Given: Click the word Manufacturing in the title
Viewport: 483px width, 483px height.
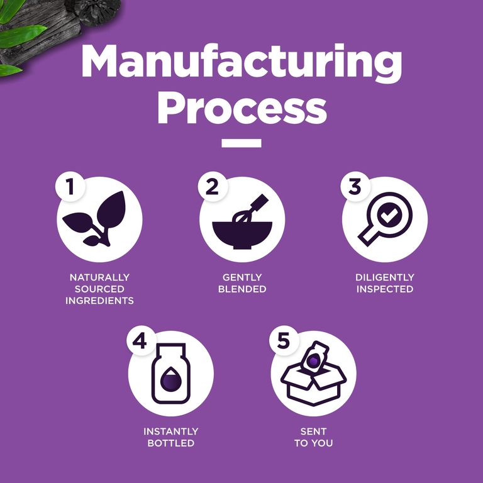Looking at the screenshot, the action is [x=241, y=62].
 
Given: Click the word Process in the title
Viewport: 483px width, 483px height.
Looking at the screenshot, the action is [x=242, y=108].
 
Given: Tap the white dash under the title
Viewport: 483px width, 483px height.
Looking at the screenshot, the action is [x=241, y=143].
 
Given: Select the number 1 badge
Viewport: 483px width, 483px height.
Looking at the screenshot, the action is [x=70, y=186].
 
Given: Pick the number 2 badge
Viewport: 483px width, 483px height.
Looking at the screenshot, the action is [x=213, y=186].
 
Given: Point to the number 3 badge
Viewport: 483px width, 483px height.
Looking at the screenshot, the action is [x=355, y=186].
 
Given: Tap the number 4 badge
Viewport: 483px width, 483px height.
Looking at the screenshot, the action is [x=141, y=341].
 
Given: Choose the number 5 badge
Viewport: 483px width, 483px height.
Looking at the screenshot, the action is [x=284, y=341].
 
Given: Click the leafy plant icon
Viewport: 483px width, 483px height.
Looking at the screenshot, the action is [x=95, y=219].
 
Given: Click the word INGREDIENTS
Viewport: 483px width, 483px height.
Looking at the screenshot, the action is [x=99, y=301].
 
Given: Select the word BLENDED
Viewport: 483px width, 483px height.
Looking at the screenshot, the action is [x=242, y=289].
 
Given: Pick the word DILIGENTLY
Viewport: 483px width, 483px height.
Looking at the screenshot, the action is [x=385, y=277].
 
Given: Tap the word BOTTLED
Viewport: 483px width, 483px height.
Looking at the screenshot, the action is [x=171, y=443].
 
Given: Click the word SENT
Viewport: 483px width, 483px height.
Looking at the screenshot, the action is [x=314, y=431].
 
